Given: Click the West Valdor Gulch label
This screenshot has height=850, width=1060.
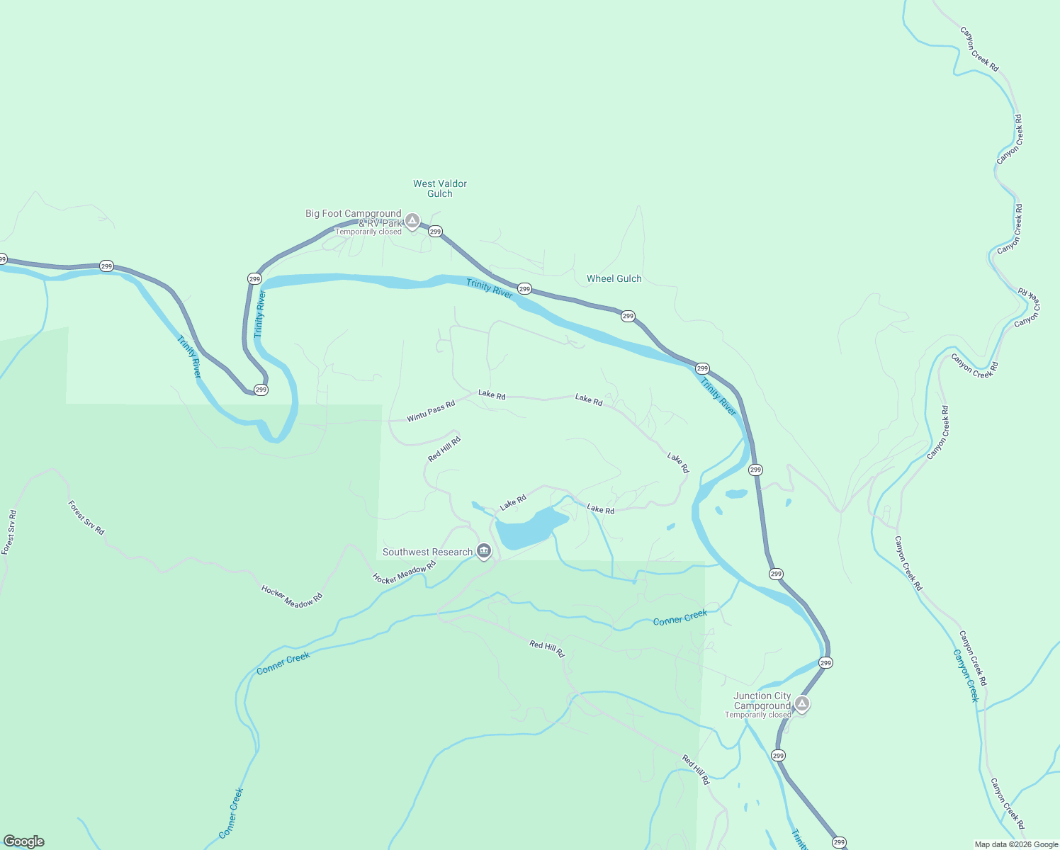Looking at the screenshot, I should click(440, 188).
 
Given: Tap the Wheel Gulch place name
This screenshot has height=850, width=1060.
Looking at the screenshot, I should click(614, 279).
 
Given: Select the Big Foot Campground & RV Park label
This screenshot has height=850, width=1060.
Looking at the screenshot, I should click(354, 217).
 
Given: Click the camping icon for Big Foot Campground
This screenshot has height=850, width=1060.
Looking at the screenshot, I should click(412, 221).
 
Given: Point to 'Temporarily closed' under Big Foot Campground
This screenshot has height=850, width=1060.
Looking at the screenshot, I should click(368, 232).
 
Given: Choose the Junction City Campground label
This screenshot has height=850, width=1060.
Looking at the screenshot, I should click(762, 701).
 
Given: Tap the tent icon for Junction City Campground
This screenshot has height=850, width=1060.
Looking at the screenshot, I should click(801, 703).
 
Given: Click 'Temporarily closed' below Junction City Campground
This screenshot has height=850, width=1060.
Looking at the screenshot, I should click(757, 715).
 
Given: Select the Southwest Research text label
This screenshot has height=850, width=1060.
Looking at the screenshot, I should click(427, 552).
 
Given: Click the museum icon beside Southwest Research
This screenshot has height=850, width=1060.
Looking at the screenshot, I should click(484, 550).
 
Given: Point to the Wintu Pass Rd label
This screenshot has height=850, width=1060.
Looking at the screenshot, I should click(431, 412).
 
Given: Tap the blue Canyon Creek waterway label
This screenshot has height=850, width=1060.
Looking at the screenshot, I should click(966, 675).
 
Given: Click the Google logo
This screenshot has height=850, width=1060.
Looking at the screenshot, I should click(24, 841).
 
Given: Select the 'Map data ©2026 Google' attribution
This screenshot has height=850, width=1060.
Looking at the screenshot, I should click(1016, 844).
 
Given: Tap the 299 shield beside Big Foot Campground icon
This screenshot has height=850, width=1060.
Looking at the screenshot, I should click(435, 232).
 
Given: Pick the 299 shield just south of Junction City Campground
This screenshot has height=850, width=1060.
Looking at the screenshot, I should click(778, 756).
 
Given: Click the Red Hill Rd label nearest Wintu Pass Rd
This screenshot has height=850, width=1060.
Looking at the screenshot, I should click(444, 449).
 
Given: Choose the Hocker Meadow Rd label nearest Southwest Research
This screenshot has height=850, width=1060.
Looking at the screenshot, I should click(404, 573).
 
